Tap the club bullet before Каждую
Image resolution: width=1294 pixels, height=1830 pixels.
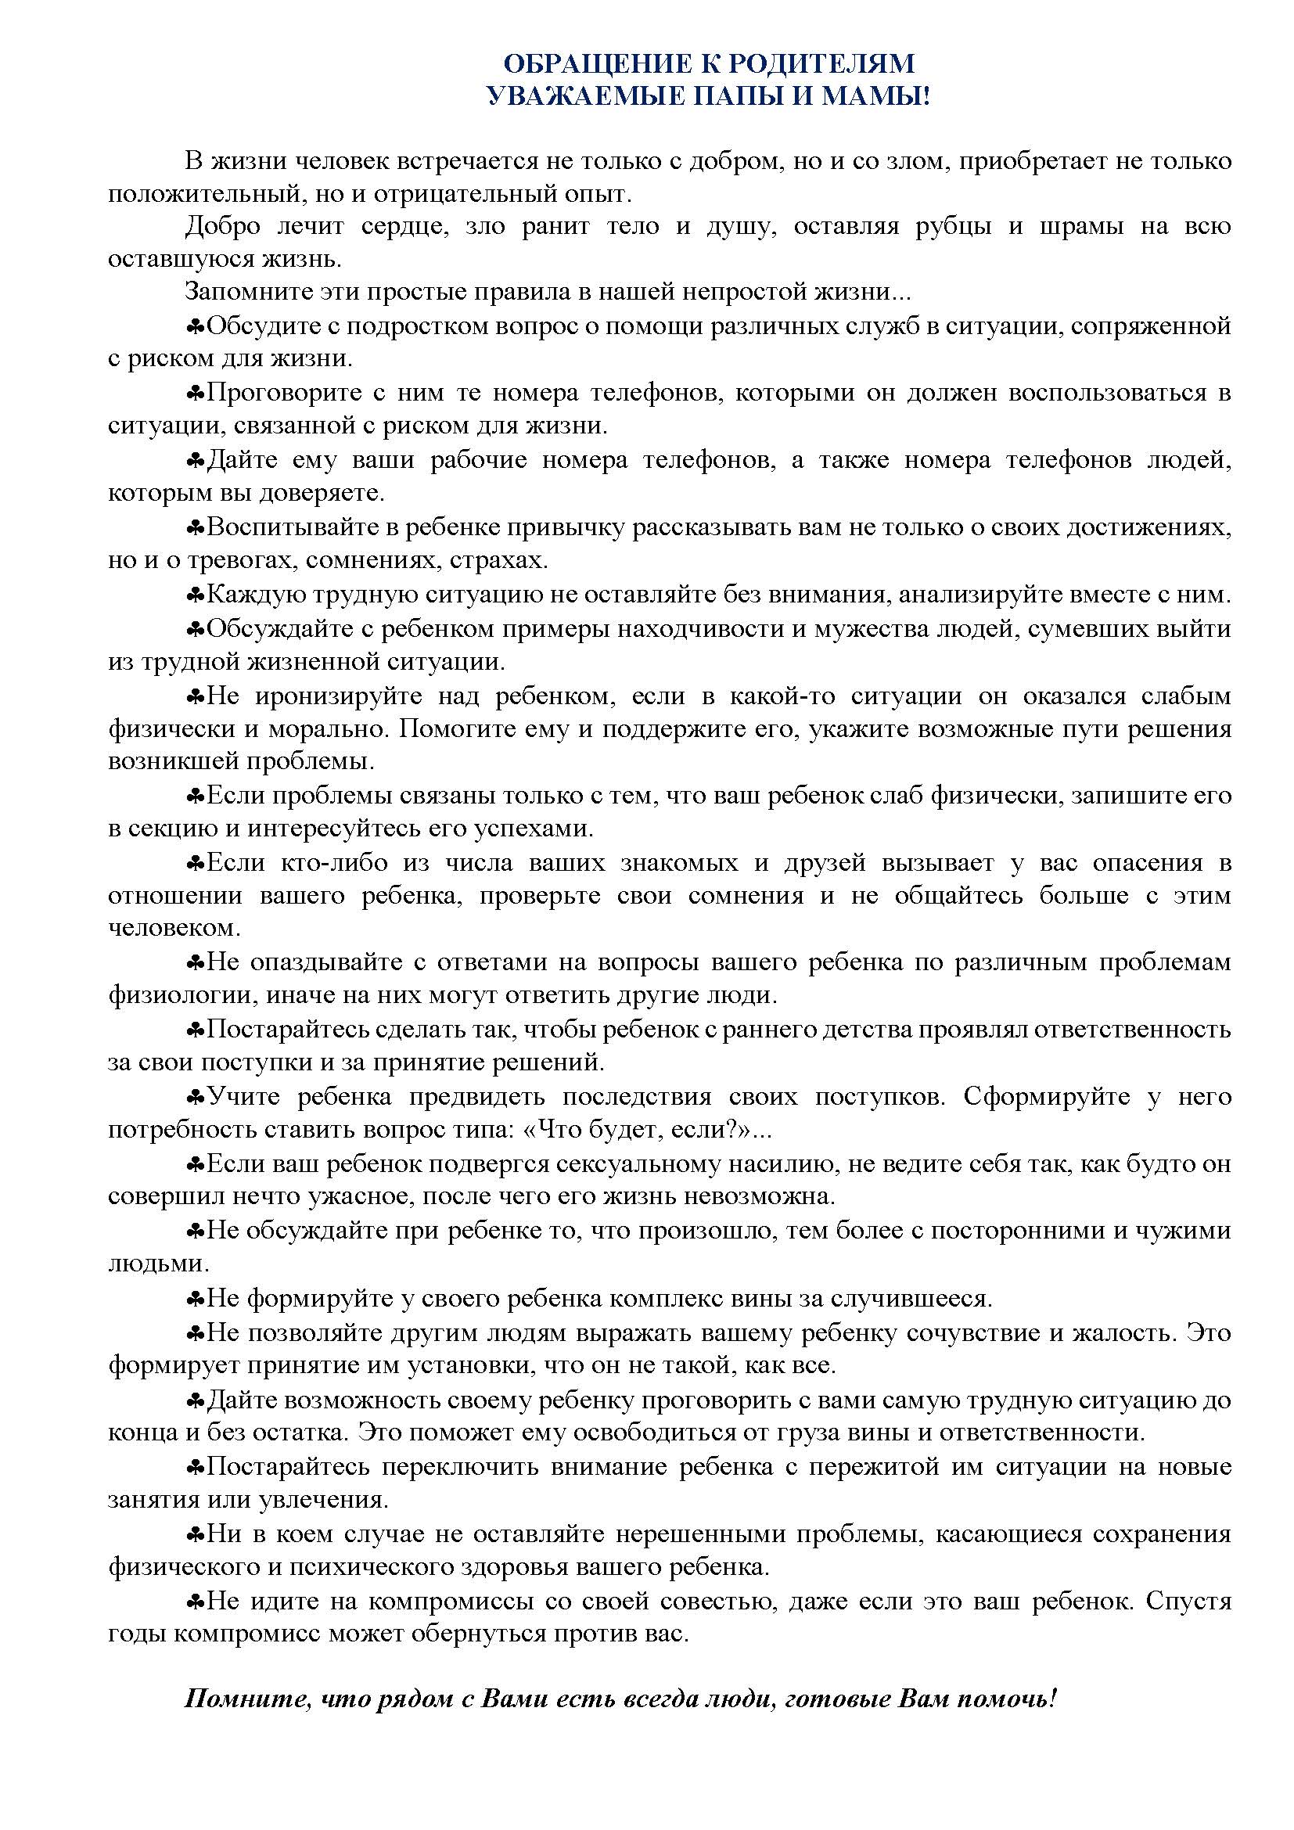click(196, 595)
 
